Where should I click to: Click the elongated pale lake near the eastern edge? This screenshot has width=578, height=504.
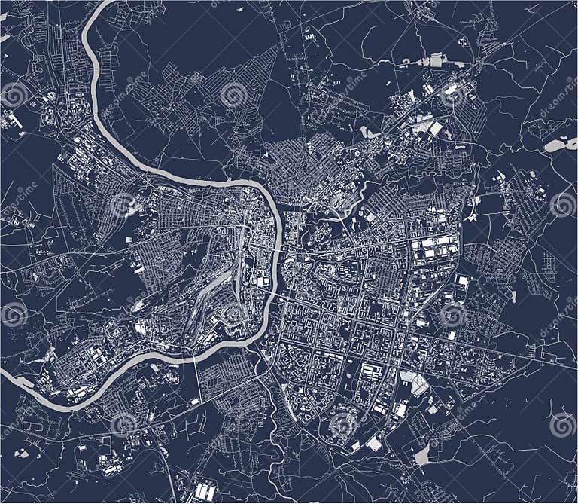tap(560, 145)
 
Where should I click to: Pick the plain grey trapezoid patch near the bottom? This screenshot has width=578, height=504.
tap(423, 454)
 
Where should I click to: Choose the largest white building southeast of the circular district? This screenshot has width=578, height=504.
tap(374, 444)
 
